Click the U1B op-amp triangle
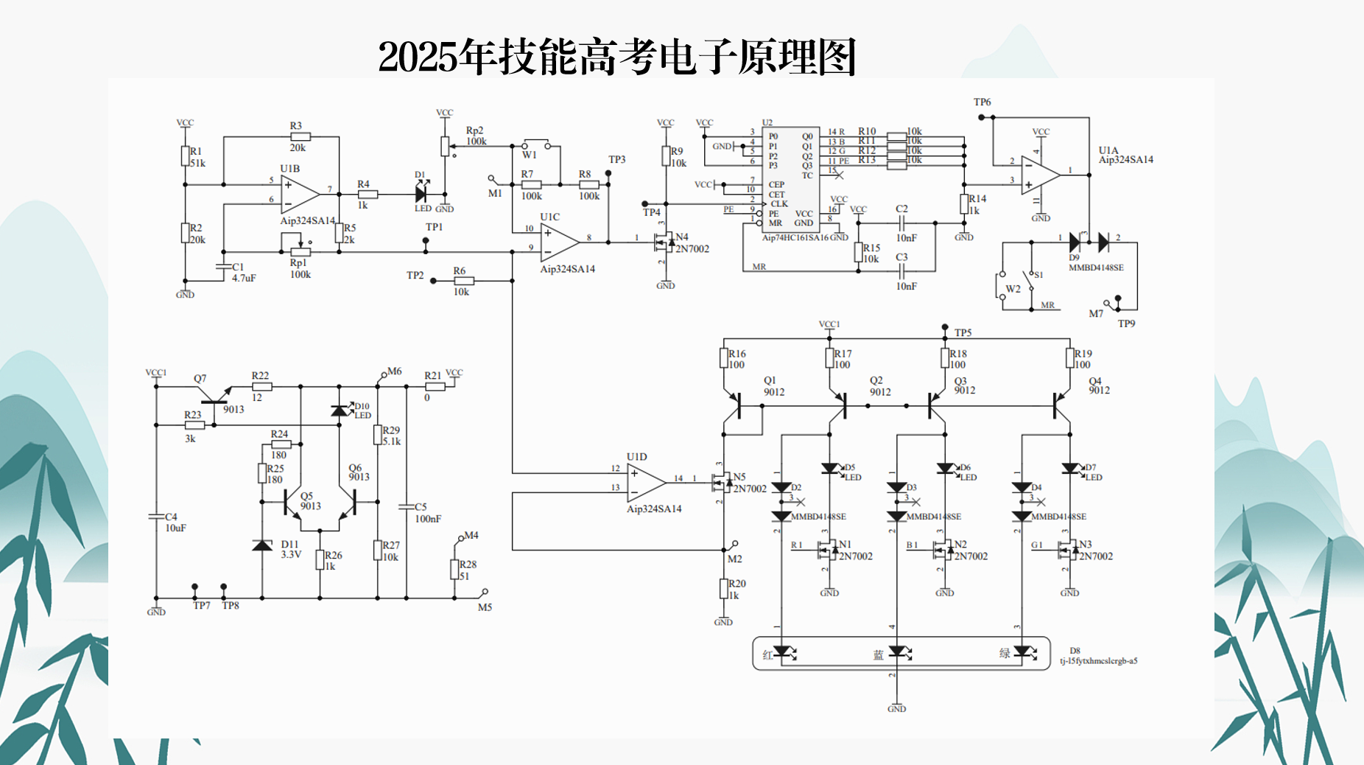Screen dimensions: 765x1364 tap(299, 195)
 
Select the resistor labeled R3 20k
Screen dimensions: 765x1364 tap(300, 136)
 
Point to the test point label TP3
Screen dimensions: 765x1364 tap(616, 159)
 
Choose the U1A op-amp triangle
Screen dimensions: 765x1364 tap(1040, 175)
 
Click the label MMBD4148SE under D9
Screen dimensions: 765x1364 tap(1096, 268)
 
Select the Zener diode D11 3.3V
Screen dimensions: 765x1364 tap(262, 545)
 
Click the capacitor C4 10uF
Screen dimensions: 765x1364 tap(156, 517)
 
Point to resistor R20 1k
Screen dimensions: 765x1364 tap(723, 589)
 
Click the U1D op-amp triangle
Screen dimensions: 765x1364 tap(646, 482)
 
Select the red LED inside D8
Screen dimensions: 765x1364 tap(782, 652)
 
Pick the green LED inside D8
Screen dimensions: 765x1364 tap(1022, 652)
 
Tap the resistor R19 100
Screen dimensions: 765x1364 tap(1069, 358)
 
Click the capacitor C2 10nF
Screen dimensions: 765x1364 tap(901, 223)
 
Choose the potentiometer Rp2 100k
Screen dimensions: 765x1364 tap(445, 146)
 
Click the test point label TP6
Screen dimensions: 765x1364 tap(982, 102)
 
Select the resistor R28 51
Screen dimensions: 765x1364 tap(454, 569)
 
